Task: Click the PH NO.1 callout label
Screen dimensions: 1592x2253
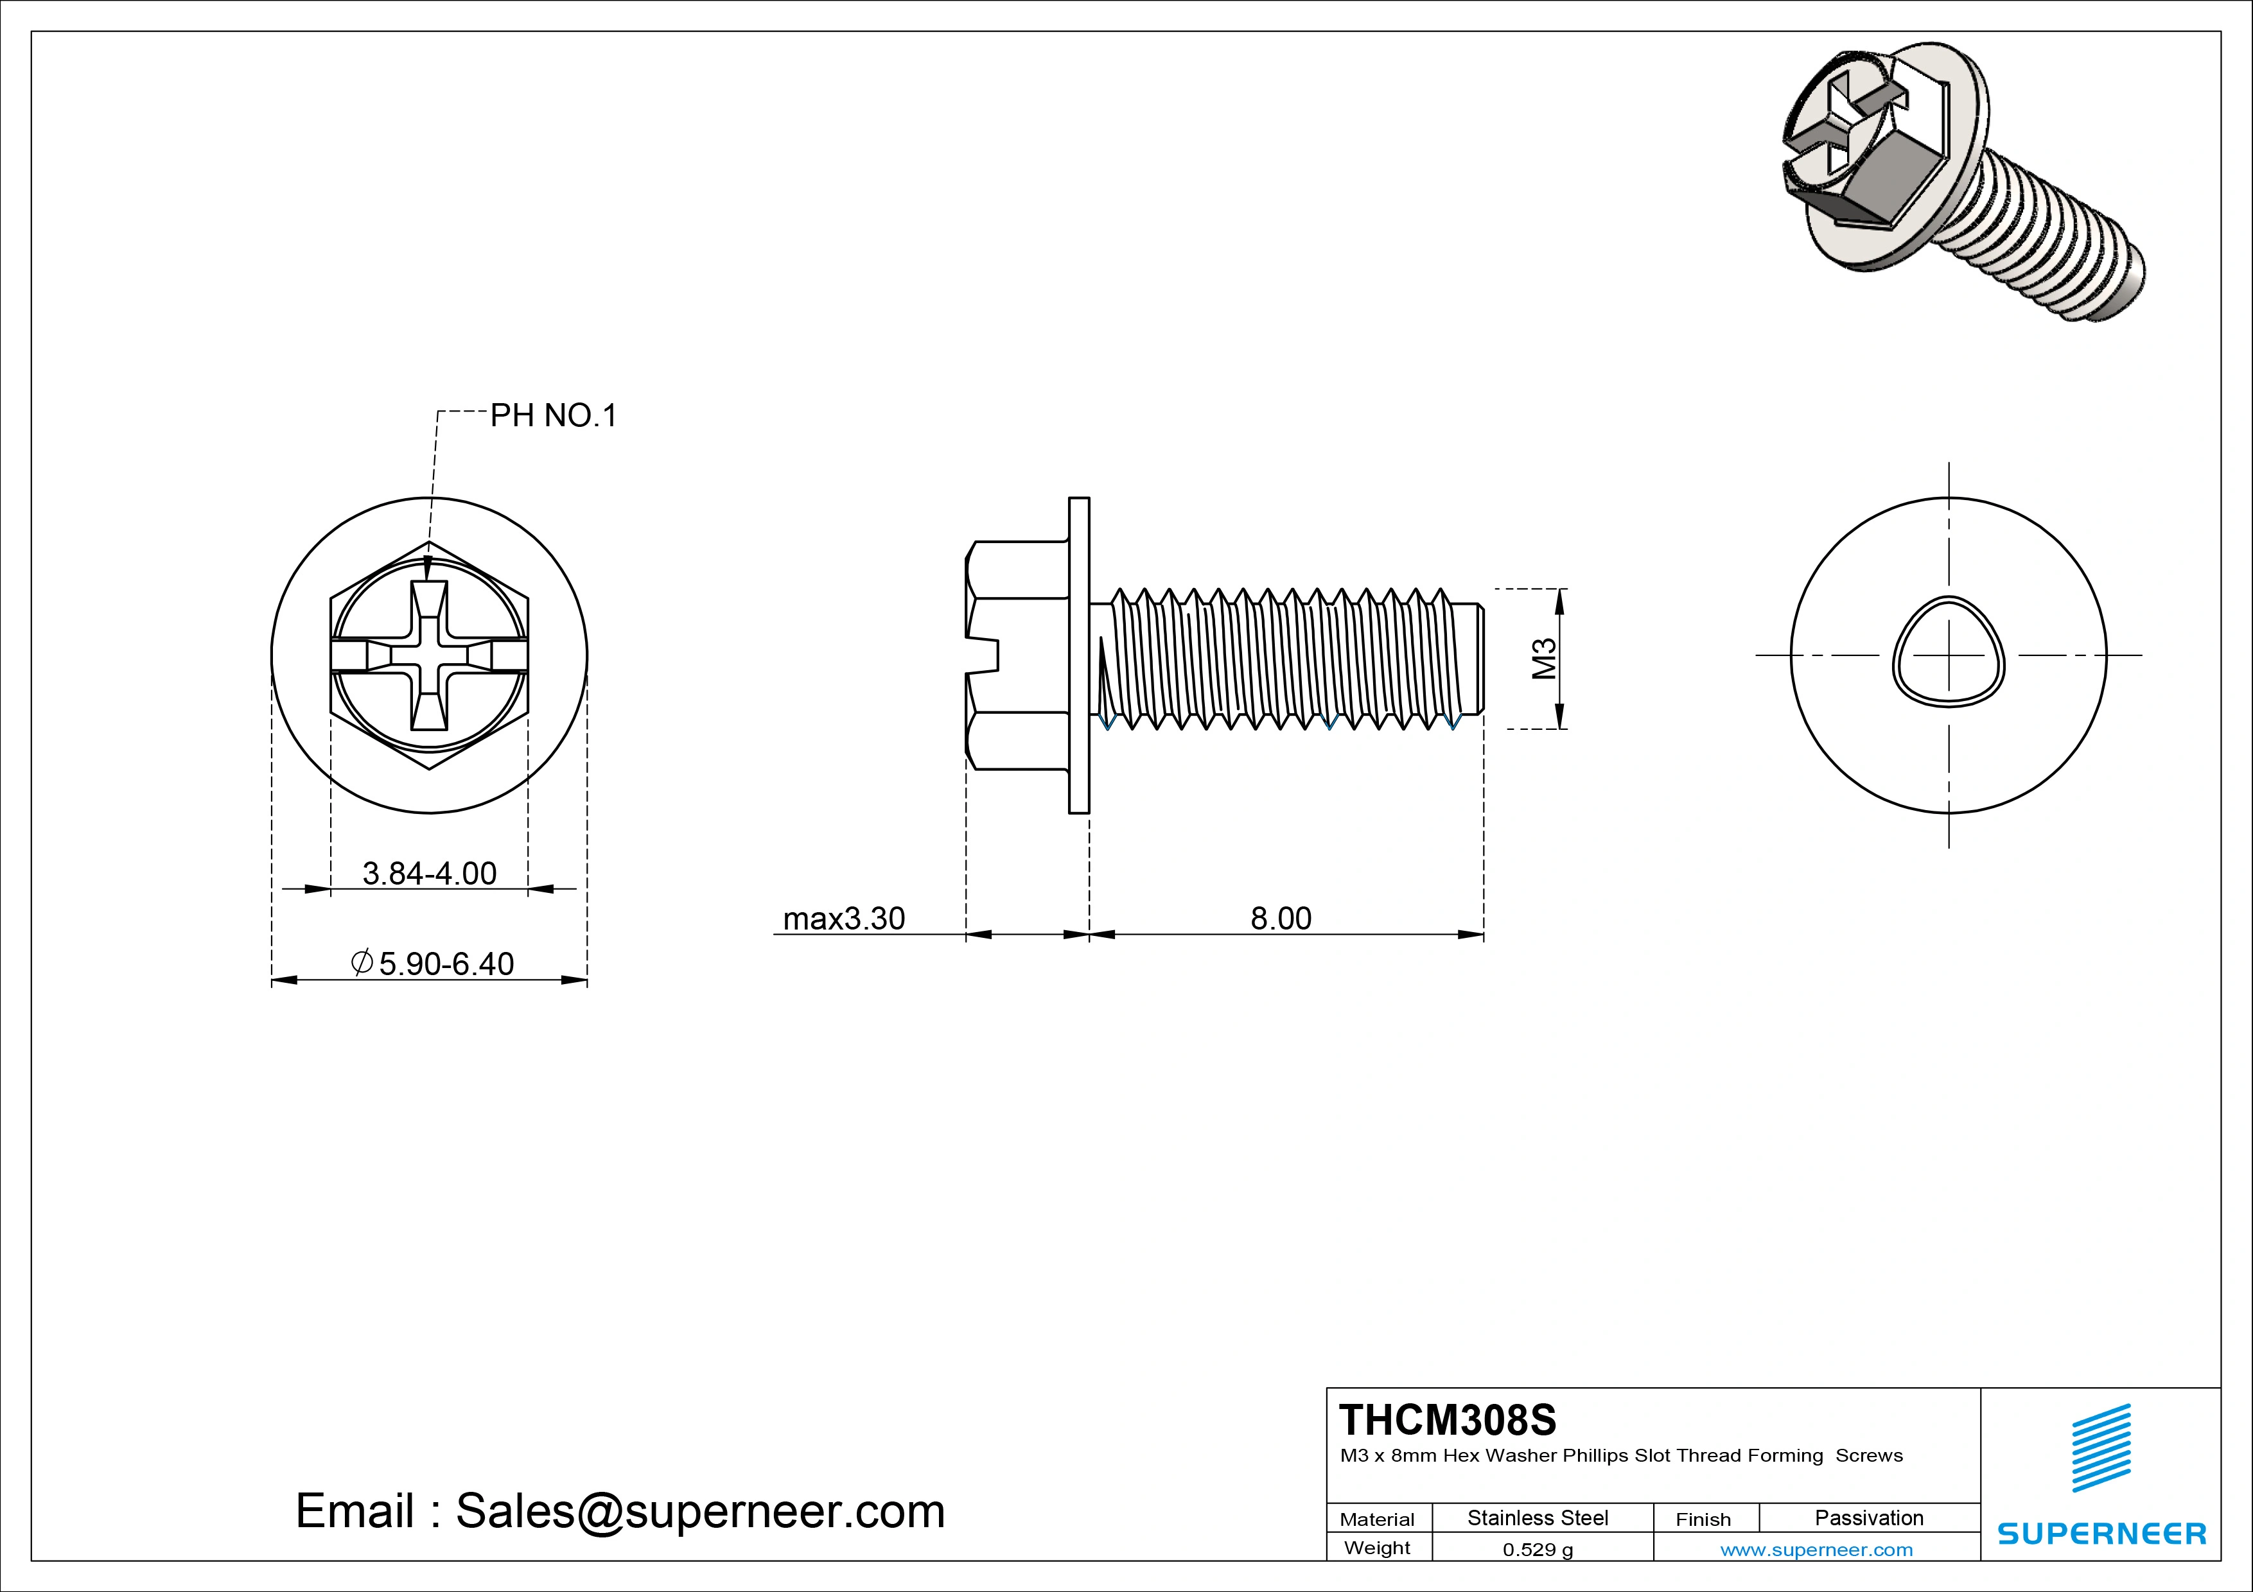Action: [554, 416]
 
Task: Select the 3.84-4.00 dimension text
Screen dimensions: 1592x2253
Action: [430, 873]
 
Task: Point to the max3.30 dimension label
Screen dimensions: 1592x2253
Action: [844, 919]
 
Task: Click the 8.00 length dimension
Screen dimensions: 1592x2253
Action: [1281, 919]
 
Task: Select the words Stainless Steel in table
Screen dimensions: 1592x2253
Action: [1538, 1518]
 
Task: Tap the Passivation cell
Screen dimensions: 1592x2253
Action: [1868, 1518]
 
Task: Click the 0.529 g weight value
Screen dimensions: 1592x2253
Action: [1538, 1550]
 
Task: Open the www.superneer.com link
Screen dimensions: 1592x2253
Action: [1816, 1550]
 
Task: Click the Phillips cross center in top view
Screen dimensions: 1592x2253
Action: [430, 655]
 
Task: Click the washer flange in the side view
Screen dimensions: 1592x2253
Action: [1078, 655]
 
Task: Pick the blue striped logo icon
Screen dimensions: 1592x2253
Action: [2101, 1448]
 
